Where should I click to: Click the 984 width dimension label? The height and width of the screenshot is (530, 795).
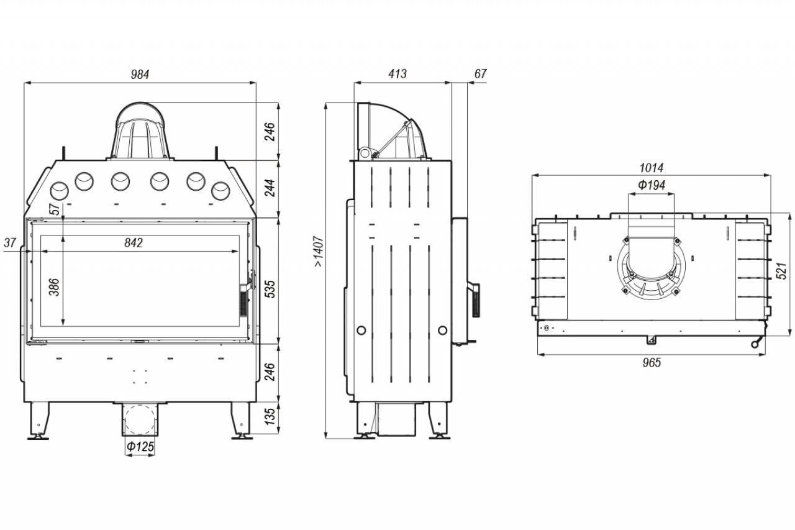140,74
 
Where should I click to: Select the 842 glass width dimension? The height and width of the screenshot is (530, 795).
134,243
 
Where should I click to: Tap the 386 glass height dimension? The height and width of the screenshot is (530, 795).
54,287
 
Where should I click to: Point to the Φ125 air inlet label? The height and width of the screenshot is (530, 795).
140,446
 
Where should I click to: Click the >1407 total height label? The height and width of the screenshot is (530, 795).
319,251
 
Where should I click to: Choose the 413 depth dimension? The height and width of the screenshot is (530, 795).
397,74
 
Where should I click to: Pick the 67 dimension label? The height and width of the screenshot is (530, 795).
480,74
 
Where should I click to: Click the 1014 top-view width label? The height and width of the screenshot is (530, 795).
652,168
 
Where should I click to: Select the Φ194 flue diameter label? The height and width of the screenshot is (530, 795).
652,185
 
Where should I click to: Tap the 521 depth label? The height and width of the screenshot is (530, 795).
781,270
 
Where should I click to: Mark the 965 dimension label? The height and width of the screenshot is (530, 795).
652,362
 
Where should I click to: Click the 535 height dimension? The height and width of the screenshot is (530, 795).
270,289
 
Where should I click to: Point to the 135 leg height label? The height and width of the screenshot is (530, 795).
270,416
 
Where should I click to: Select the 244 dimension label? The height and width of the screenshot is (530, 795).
270,188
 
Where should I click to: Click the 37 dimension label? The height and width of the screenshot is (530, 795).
10,243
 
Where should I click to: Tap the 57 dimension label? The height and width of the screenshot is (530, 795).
55,209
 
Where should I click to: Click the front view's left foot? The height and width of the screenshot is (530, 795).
39,421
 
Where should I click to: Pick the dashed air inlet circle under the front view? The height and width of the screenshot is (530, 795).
140,419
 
